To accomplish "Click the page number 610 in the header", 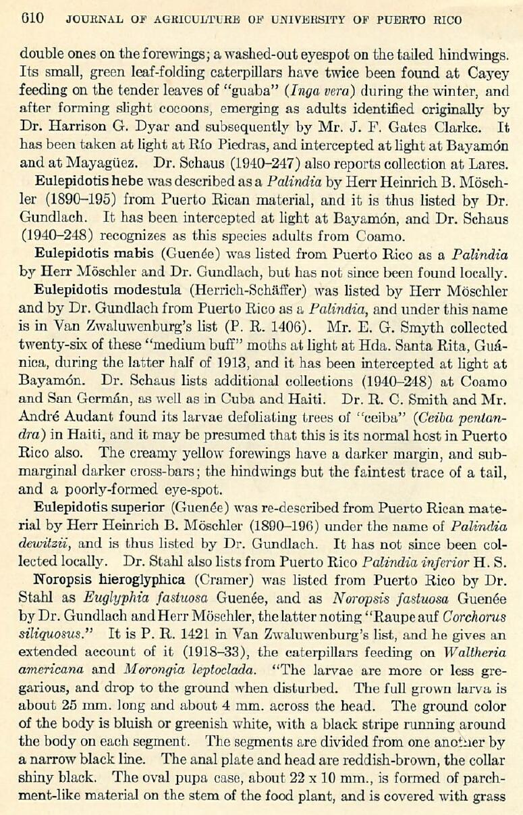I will pos(32,19).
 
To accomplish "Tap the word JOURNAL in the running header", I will pos(89,20).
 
